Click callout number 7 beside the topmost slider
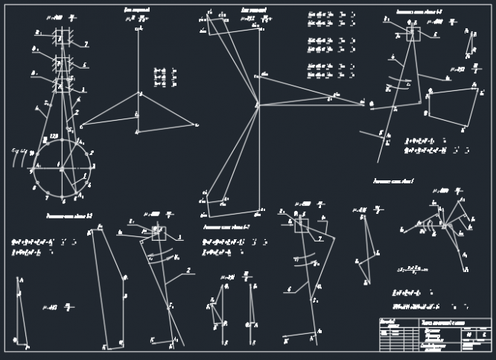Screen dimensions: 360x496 86,45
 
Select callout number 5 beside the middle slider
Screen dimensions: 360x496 84,66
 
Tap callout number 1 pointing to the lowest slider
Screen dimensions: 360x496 83,89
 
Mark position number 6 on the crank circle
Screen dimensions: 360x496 63,200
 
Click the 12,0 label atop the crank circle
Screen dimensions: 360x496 54,136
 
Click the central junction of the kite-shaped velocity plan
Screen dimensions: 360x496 139,93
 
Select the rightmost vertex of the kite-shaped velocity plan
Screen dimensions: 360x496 197,124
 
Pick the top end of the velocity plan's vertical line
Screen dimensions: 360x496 139,28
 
